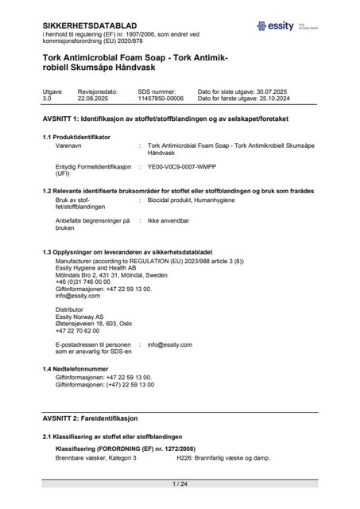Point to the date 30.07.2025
300,92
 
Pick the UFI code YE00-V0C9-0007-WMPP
182,168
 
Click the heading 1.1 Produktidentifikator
76,138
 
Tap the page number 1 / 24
180,484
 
